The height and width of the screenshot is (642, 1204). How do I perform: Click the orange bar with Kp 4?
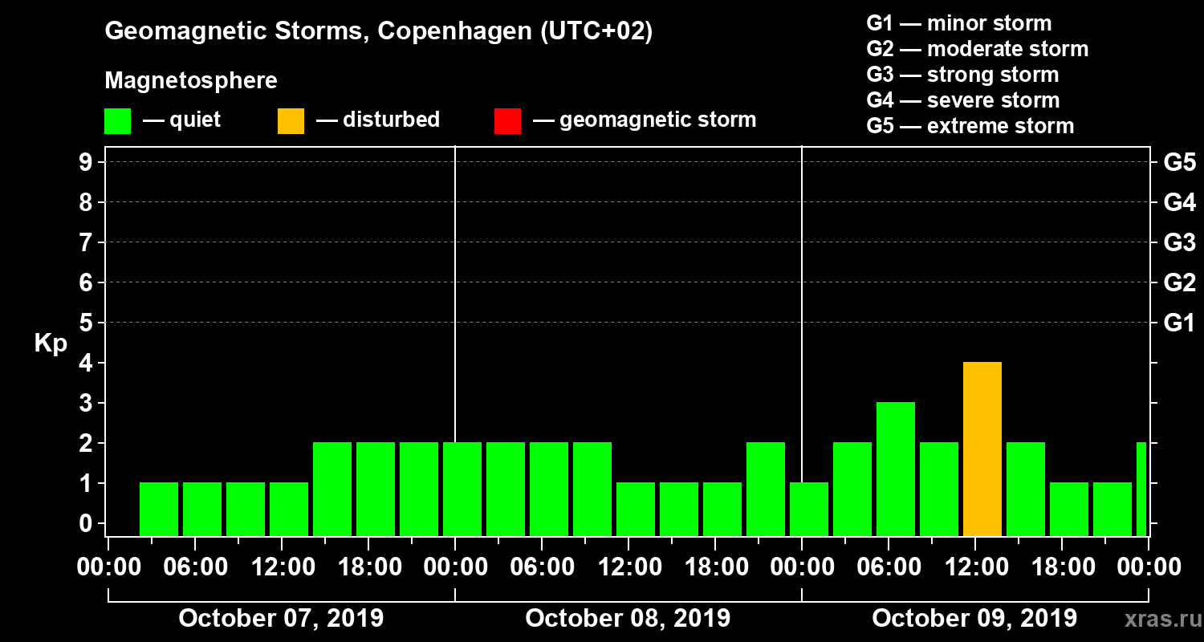coord(982,449)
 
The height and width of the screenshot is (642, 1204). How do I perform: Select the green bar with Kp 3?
coord(896,469)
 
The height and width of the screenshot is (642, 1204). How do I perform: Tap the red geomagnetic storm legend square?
coord(507,120)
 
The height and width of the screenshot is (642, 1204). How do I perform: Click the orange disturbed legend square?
coord(291,120)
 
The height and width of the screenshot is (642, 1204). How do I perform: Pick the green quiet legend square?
coord(117,120)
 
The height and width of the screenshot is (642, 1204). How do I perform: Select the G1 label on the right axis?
coord(1179,323)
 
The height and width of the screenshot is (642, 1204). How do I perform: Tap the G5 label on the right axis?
coord(1179,163)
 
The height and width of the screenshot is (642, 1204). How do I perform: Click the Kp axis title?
coord(51,344)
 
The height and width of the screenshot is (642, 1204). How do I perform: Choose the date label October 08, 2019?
coord(628,619)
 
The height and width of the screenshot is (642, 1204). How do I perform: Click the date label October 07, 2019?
coord(281,619)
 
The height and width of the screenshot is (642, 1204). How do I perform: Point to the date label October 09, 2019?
coord(974,619)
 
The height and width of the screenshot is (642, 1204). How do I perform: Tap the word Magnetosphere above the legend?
coord(191,81)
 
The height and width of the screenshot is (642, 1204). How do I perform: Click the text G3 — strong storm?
coord(962,75)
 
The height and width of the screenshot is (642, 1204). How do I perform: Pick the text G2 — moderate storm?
coord(977,49)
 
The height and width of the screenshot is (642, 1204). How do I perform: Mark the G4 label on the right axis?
coord(1179,203)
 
